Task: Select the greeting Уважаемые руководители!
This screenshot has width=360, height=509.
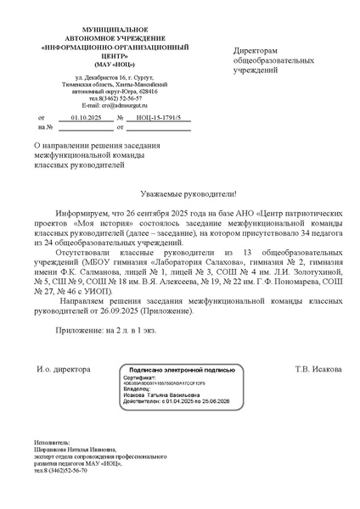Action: (179, 193)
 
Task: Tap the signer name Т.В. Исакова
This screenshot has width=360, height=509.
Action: (319, 369)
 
